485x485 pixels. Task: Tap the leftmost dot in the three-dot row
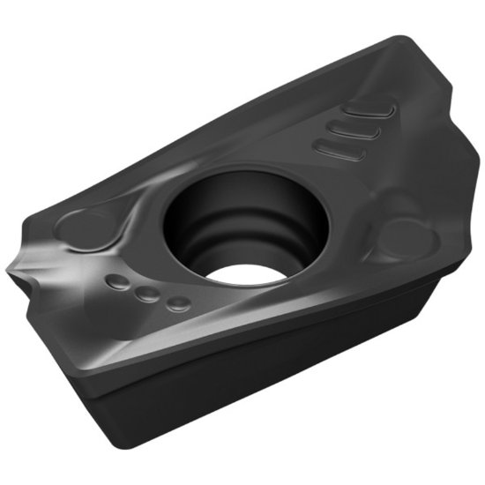[x=116, y=282]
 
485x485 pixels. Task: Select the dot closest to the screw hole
[x=179, y=304]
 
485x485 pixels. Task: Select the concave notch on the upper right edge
[x=441, y=123]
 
